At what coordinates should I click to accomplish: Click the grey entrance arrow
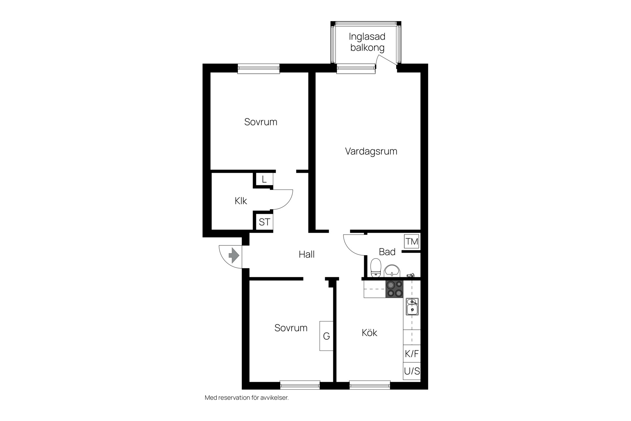coord(234,255)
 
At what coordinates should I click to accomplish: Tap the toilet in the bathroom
coord(376,268)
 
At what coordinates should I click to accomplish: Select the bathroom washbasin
coord(392,271)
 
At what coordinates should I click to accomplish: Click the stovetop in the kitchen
coord(394,289)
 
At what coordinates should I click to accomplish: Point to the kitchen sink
coord(412,307)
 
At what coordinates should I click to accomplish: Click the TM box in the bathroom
coord(412,241)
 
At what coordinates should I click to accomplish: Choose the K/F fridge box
coord(412,354)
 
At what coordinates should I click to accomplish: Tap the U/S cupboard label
coord(412,371)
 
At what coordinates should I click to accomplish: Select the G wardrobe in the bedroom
coord(326,336)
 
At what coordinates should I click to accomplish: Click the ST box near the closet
coord(265,222)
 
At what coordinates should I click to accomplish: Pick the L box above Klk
coord(264,180)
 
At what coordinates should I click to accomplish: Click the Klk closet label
coord(241,201)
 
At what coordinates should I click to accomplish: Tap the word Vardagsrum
coord(371,151)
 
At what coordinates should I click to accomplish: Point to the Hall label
coord(307,254)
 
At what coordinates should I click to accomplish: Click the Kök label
coord(369,333)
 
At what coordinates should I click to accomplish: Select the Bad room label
coord(387,252)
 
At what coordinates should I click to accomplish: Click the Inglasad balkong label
coord(367,42)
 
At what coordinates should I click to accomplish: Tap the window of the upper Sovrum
coord(259,68)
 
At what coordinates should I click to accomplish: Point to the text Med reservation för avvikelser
coord(246,398)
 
